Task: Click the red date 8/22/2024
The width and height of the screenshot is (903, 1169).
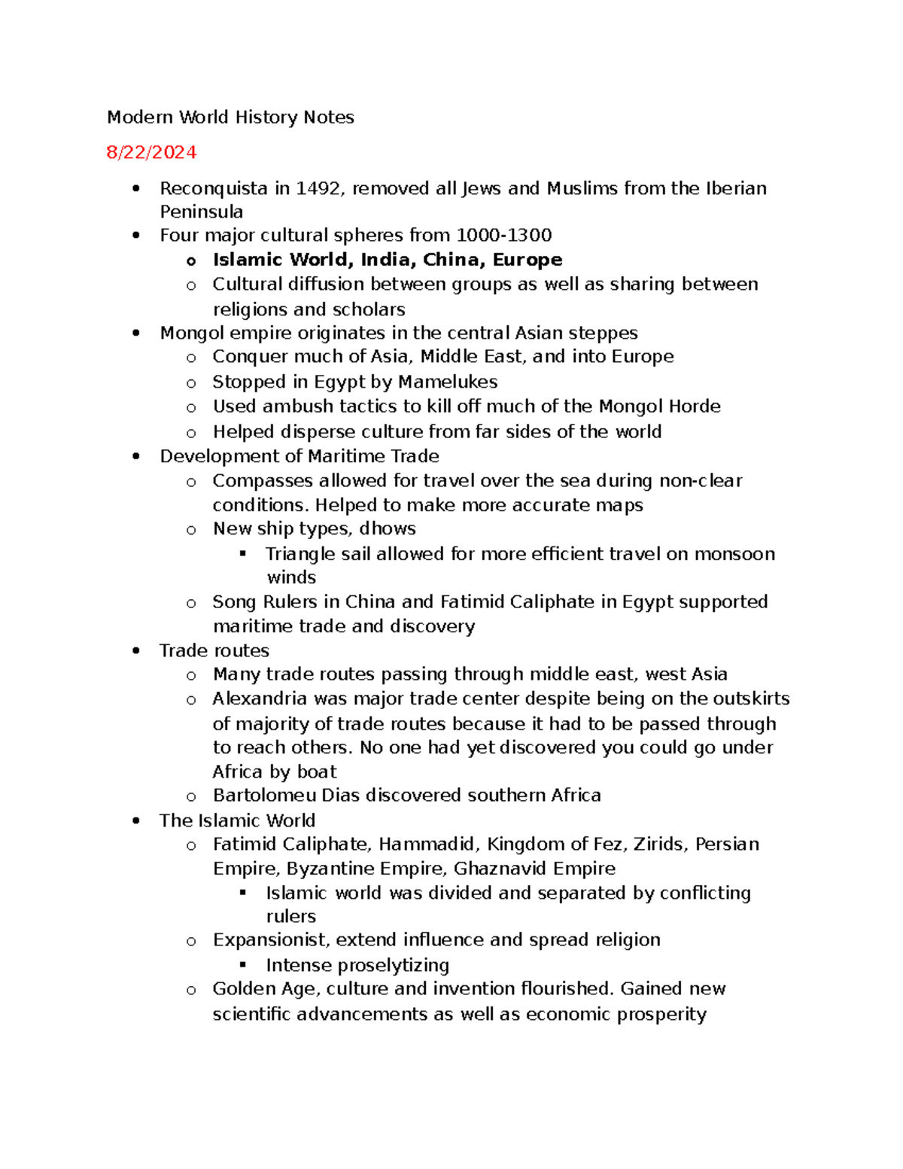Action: tap(151, 153)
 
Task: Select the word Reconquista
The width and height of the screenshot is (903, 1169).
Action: tap(214, 188)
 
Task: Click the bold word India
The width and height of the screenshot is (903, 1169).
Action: tap(388, 260)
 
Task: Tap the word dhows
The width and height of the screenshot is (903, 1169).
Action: tap(388, 529)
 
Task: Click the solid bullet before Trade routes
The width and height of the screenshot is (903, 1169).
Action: tap(136, 651)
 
